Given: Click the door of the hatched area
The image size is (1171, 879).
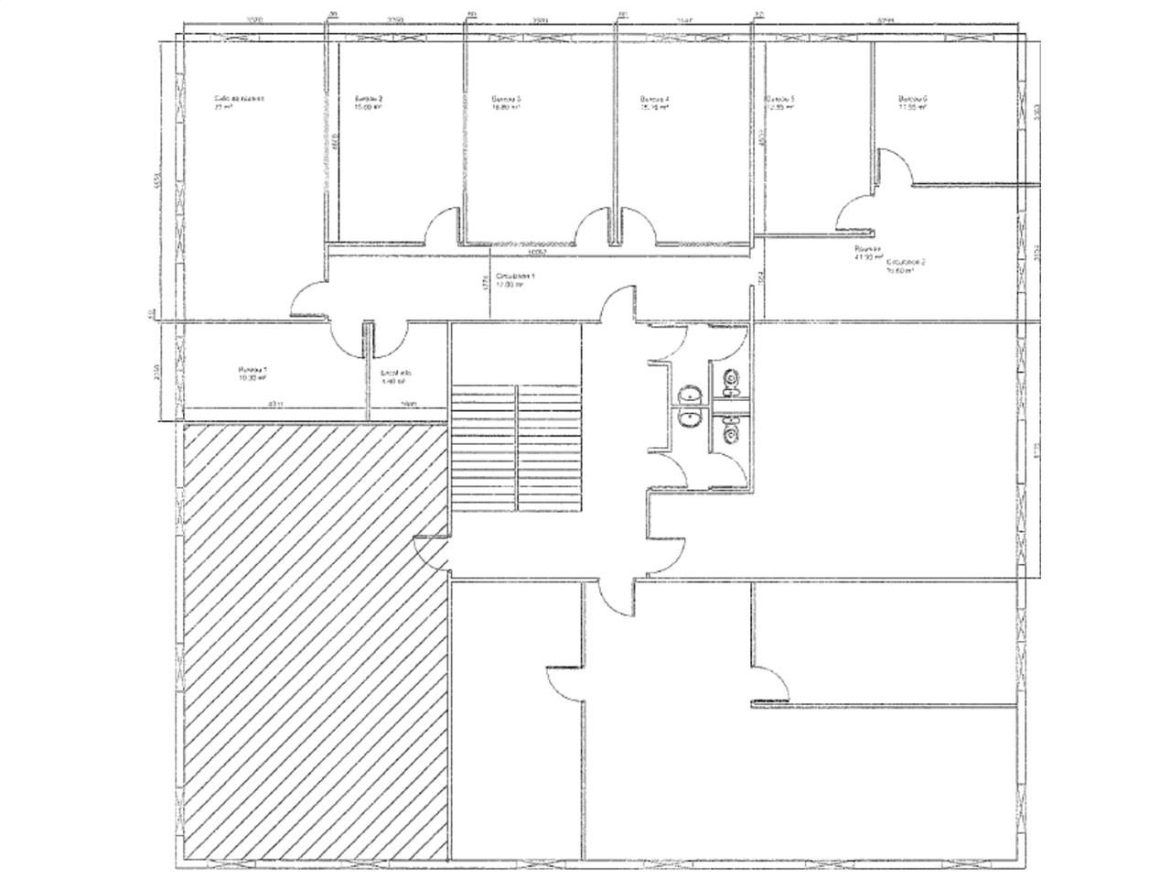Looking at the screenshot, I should (431, 551).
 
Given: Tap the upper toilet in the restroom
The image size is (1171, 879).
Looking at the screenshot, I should (729, 378).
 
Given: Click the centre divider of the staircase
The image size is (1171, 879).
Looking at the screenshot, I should (517, 449).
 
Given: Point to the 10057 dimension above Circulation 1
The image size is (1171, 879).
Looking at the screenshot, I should (536, 251).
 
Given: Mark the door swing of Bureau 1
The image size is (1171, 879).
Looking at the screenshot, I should (348, 341).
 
